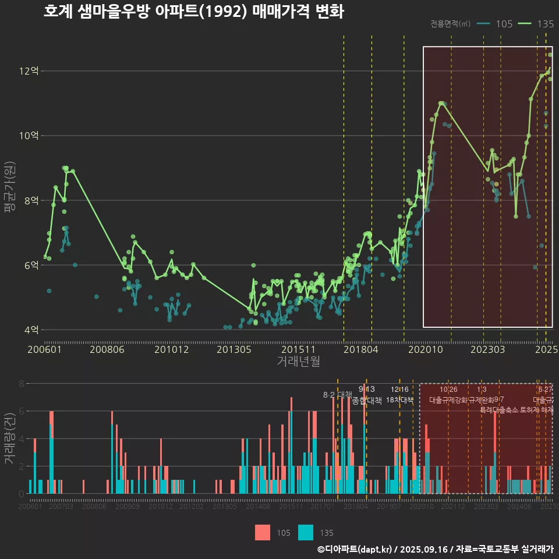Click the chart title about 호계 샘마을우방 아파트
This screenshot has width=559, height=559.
(x=193, y=12)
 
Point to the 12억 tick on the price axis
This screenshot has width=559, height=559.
(x=29, y=71)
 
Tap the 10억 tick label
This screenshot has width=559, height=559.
(x=29, y=136)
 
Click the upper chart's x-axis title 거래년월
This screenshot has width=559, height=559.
(x=298, y=362)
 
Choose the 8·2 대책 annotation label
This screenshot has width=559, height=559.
(x=338, y=395)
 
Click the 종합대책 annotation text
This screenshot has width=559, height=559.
(x=367, y=401)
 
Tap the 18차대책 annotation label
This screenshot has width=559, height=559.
(x=399, y=400)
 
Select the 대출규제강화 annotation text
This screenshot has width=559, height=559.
(x=448, y=400)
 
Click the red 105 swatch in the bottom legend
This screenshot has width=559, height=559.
(x=263, y=532)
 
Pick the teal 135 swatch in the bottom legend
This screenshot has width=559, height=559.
(x=306, y=532)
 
